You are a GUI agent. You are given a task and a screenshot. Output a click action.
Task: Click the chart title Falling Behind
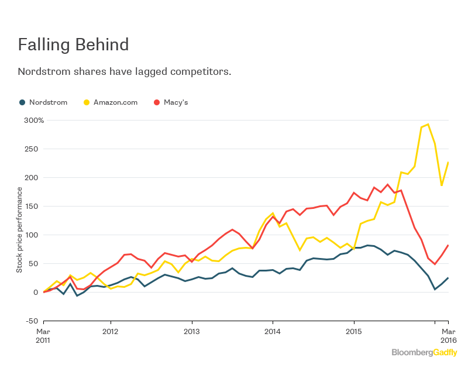(73, 44)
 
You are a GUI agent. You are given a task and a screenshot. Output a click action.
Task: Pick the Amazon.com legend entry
(111, 102)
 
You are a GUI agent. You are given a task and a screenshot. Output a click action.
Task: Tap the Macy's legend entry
(170, 102)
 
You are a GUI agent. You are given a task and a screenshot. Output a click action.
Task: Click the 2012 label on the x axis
(111, 331)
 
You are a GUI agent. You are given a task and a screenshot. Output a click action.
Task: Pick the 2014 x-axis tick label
(273, 331)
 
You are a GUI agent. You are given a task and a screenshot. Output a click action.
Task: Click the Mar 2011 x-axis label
(43, 335)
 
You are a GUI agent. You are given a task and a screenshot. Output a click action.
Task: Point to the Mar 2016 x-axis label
(448, 335)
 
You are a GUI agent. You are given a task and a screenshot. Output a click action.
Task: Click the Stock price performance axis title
(19, 229)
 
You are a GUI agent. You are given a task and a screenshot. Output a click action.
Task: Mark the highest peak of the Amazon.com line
(428, 124)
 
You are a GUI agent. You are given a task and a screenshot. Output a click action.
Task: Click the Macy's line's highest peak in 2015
(387, 184)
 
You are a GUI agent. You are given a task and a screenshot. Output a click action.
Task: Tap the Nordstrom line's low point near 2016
(435, 289)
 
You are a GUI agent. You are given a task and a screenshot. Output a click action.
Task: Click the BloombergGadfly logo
(424, 353)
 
